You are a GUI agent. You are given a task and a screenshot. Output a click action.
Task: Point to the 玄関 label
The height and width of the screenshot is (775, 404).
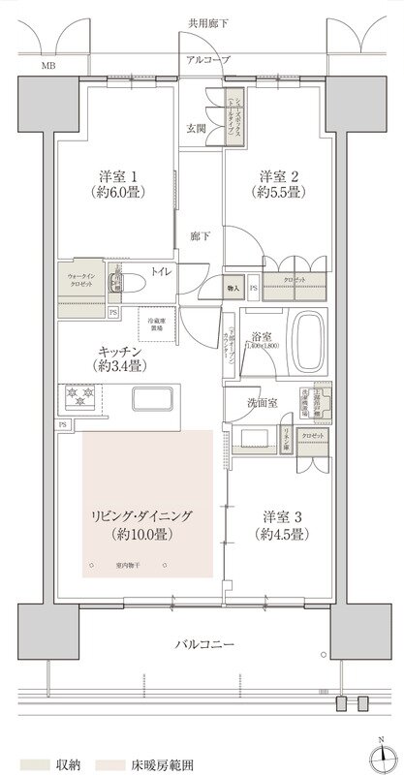[x=197, y=128]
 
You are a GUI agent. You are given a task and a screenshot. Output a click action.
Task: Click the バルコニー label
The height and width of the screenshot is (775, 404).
[x=203, y=644]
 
